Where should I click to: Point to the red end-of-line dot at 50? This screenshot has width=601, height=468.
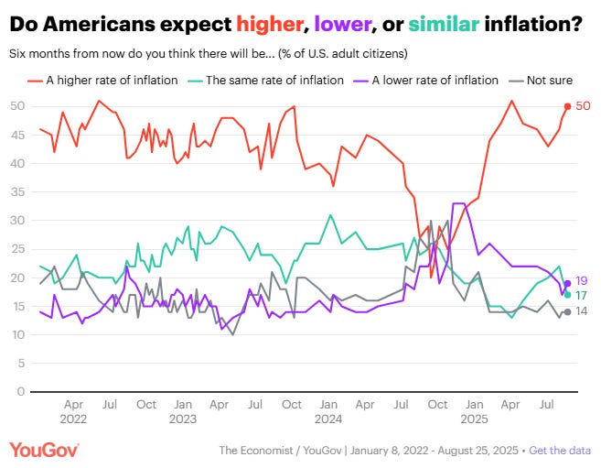pyautogui.click(x=567, y=106)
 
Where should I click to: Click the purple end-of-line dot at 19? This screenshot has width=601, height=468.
pyautogui.click(x=567, y=283)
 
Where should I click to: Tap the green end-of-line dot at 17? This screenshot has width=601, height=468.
pyautogui.click(x=567, y=295)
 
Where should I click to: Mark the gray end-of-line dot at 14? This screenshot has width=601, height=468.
pyautogui.click(x=567, y=312)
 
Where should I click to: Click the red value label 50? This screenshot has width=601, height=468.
pyautogui.click(x=583, y=106)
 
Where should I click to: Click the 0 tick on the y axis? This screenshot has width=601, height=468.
pyautogui.click(x=18, y=391)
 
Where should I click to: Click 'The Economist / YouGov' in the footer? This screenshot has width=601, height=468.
pyautogui.click(x=274, y=450)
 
